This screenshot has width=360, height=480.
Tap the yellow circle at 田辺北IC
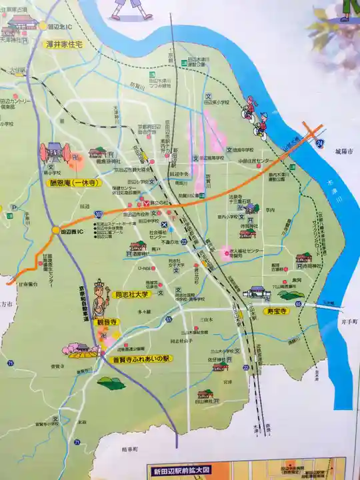pyautogui.click(x=42, y=26)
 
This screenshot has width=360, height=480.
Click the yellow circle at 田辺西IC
pyautogui.click(x=55, y=230)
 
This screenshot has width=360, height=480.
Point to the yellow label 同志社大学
pyautogui.click(x=130, y=293)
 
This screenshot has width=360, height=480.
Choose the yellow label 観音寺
pyautogui.click(x=107, y=321)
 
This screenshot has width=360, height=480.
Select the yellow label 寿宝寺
pyautogui.click(x=274, y=311)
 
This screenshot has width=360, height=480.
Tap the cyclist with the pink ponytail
pyautogui.click(x=249, y=109)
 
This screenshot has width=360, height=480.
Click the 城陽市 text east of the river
pyautogui.click(x=344, y=152)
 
